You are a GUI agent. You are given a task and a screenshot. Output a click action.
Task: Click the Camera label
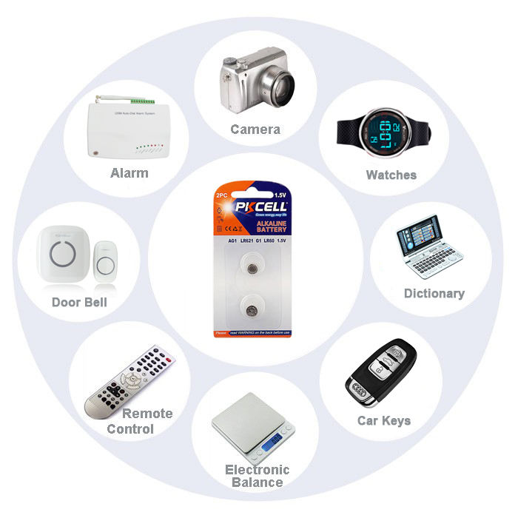tap(255, 129)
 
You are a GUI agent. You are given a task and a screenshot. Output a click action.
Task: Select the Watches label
tap(391, 175)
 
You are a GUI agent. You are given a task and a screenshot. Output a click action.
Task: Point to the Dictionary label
tap(434, 293)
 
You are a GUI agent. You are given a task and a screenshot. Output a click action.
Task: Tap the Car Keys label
tap(385, 421)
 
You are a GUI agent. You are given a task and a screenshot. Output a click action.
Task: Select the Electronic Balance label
tap(257, 476)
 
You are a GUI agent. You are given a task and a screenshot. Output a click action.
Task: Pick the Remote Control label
tap(141, 421)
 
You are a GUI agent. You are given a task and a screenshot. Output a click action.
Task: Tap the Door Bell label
tap(79, 302)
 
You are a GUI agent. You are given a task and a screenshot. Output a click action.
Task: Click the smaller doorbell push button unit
tap(106, 263)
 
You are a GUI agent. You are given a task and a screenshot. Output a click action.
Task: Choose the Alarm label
tap(129, 173)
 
